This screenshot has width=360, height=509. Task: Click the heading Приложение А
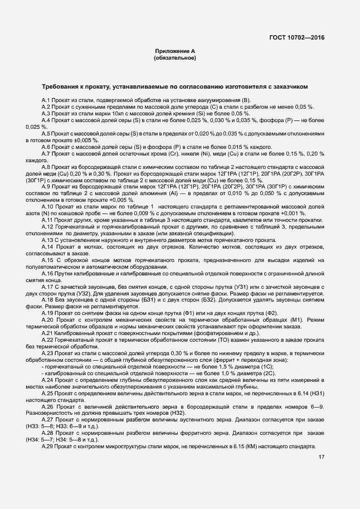point(176,51)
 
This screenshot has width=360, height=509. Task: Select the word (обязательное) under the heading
point(176,57)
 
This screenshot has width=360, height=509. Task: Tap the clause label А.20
point(48,319)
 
